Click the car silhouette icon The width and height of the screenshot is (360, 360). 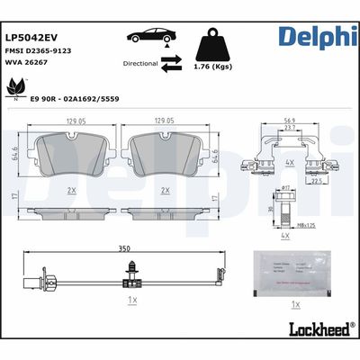[x=150, y=36]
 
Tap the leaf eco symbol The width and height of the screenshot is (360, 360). [x=16, y=86]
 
